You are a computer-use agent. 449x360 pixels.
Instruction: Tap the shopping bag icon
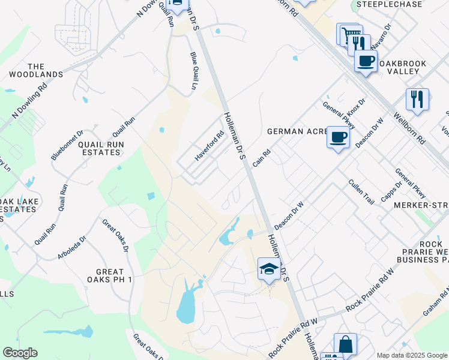coord(345,345)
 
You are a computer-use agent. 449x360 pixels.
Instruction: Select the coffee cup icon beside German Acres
coord(339,137)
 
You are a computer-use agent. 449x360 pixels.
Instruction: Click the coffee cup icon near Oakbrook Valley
coord(366,61)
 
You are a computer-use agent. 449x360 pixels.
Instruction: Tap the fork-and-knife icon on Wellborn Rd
coord(417,99)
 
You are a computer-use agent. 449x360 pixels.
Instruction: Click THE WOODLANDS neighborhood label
coord(36,70)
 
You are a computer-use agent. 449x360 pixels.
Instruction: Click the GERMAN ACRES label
coord(294,131)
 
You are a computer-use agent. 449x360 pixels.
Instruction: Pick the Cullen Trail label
coord(362,191)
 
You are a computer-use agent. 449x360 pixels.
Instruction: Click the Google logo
coord(20,353)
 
